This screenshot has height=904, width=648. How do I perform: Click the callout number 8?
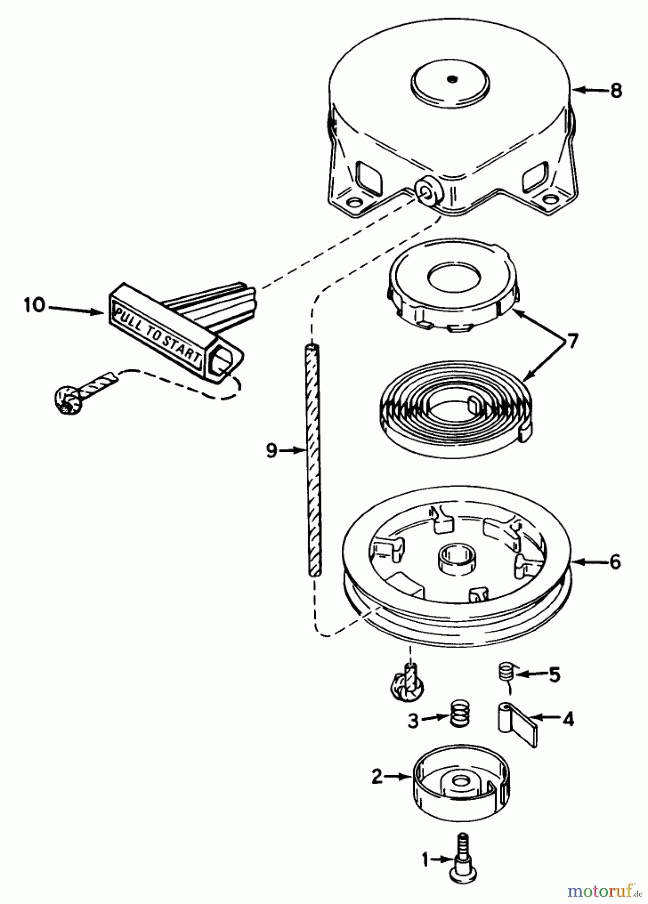(x=616, y=91)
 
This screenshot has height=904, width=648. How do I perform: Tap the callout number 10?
(x=35, y=305)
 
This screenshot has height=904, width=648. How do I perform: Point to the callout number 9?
(x=271, y=451)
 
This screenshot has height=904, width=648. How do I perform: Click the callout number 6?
(x=615, y=562)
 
